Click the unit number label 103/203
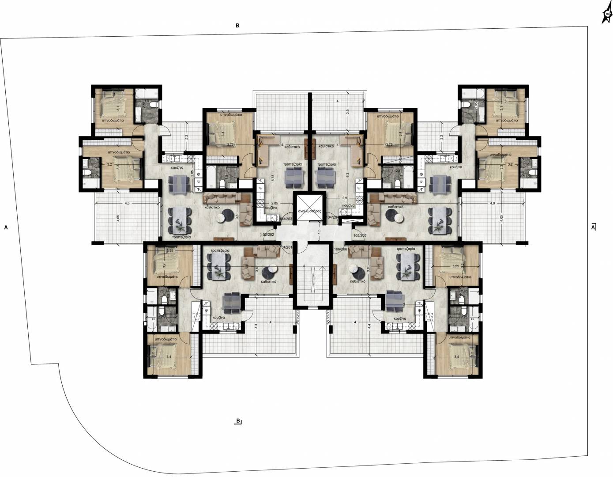[285, 219]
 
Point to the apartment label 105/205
[360, 235]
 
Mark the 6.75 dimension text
[273, 178]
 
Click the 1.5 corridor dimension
[319, 231]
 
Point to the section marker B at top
[237, 26]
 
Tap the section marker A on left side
[6, 227]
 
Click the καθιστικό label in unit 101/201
[269, 281]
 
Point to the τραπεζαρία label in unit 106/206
[405, 250]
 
